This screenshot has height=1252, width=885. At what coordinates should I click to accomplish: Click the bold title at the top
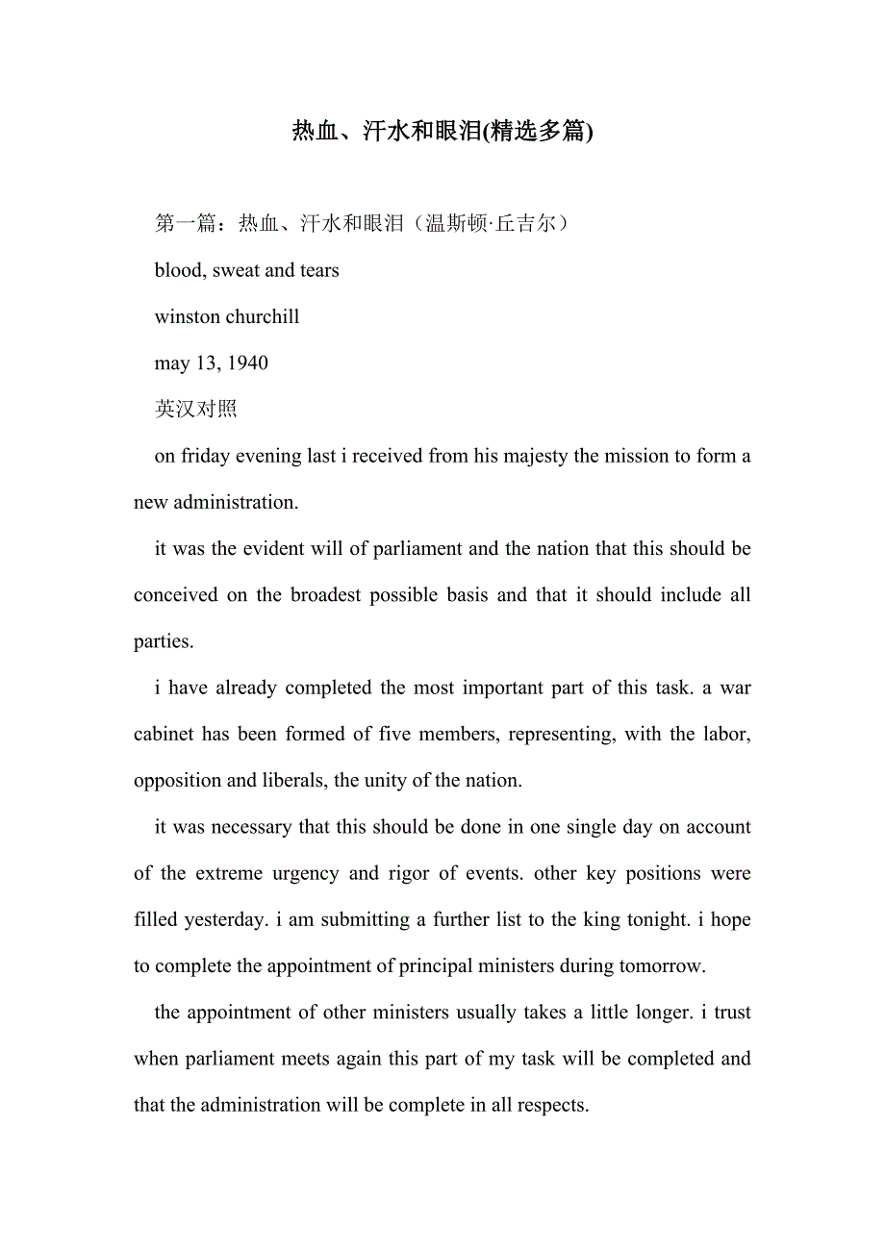[x=442, y=132]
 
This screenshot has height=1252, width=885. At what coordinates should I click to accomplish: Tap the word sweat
[x=236, y=270]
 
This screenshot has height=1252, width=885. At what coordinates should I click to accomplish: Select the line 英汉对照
[x=195, y=410]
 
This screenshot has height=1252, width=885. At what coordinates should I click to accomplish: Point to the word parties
[x=163, y=641]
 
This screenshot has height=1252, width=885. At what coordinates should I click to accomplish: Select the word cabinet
[x=163, y=734]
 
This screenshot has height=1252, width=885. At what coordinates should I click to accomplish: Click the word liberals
[x=293, y=780]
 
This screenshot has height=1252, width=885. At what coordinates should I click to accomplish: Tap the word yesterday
[x=226, y=919]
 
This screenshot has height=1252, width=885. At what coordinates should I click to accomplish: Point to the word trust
[x=728, y=1012]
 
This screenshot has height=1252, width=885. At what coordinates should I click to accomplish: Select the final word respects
[x=553, y=1105]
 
